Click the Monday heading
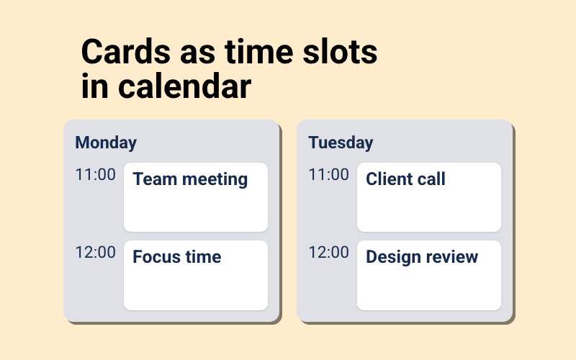tap(106, 143)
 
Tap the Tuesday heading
tap(341, 143)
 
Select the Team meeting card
tap(196, 197)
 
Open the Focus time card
tap(196, 275)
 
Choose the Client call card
tap(429, 197)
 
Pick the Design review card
tap(429, 275)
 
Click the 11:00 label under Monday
tap(95, 175)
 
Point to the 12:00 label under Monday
tap(95, 253)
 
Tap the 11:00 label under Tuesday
tap(328, 175)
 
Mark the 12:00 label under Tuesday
tap(328, 253)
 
